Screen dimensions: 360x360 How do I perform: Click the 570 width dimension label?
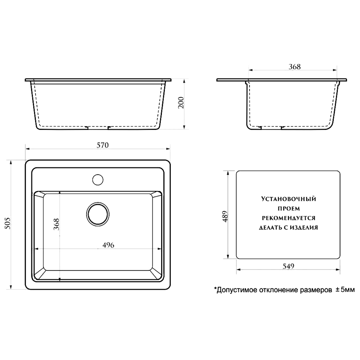point(103,145)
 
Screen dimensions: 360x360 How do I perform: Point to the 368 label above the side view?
point(294,67)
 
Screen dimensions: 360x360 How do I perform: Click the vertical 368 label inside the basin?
point(56,224)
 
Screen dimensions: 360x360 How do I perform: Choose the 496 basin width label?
point(108,245)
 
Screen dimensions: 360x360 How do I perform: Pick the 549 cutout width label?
point(288,266)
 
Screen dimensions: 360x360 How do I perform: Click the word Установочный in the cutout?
point(289,199)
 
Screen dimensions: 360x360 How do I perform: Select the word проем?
point(289,208)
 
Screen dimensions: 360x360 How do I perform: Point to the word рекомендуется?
point(289,218)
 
